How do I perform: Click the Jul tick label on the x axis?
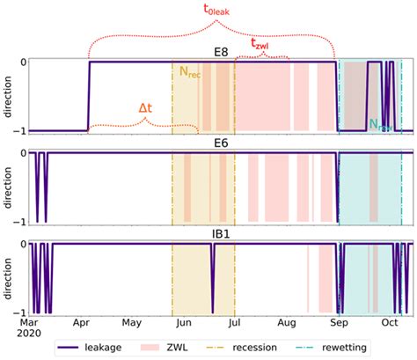(x=234, y=323)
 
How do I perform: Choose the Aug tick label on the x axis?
(x=285, y=323)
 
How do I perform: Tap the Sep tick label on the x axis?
(x=337, y=323)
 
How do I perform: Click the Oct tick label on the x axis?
(x=388, y=323)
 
